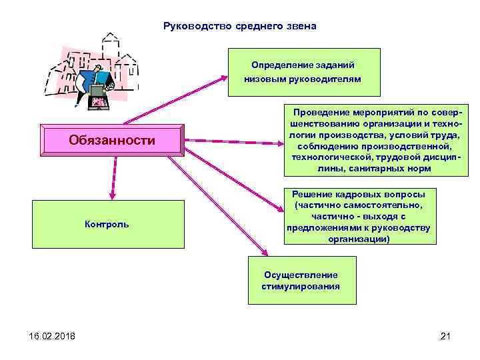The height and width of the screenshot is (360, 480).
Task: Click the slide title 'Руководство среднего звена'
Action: [239, 27]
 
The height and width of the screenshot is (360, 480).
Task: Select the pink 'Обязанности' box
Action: [111, 140]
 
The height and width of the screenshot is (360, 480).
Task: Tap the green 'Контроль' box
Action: [107, 225]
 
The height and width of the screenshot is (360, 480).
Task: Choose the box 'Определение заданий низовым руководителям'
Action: [303, 72]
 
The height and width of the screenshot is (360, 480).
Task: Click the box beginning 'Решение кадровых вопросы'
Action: [358, 216]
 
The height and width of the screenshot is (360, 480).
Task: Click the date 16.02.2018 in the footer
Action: [43, 335]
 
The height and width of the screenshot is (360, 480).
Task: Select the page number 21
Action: [446, 335]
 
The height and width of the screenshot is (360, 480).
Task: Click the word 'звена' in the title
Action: [301, 27]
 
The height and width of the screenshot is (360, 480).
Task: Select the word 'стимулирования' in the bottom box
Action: [301, 287]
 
